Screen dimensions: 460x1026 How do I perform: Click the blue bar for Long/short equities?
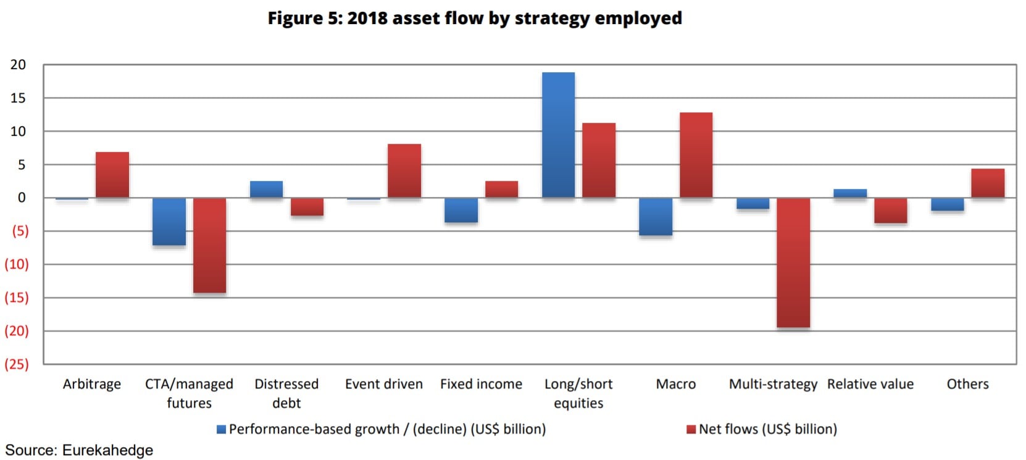(558, 135)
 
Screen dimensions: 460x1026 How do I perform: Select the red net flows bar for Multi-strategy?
(793, 262)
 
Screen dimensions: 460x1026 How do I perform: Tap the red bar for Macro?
(696, 155)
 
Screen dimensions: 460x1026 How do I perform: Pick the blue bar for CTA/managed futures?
(169, 222)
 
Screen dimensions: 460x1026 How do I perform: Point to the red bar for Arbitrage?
(112, 175)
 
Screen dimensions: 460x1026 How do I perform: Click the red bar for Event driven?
(404, 171)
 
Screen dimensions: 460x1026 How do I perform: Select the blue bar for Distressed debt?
(266, 190)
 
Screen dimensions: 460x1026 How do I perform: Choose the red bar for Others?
(988, 183)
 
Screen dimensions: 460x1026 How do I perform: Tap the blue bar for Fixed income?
(461, 210)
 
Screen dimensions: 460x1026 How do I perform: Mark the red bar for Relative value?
(891, 211)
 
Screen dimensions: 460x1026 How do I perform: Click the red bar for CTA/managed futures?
(209, 245)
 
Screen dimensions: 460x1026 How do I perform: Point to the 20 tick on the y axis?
(19, 65)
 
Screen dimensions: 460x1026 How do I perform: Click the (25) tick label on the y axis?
(17, 364)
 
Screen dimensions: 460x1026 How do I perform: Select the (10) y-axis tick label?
(17, 264)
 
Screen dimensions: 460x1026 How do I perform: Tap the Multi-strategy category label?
(773, 384)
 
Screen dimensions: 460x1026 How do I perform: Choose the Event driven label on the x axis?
(384, 384)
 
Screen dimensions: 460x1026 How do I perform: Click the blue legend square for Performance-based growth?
(221, 429)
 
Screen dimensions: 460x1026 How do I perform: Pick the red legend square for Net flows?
(691, 429)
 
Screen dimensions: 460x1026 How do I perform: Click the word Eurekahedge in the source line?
(107, 450)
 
